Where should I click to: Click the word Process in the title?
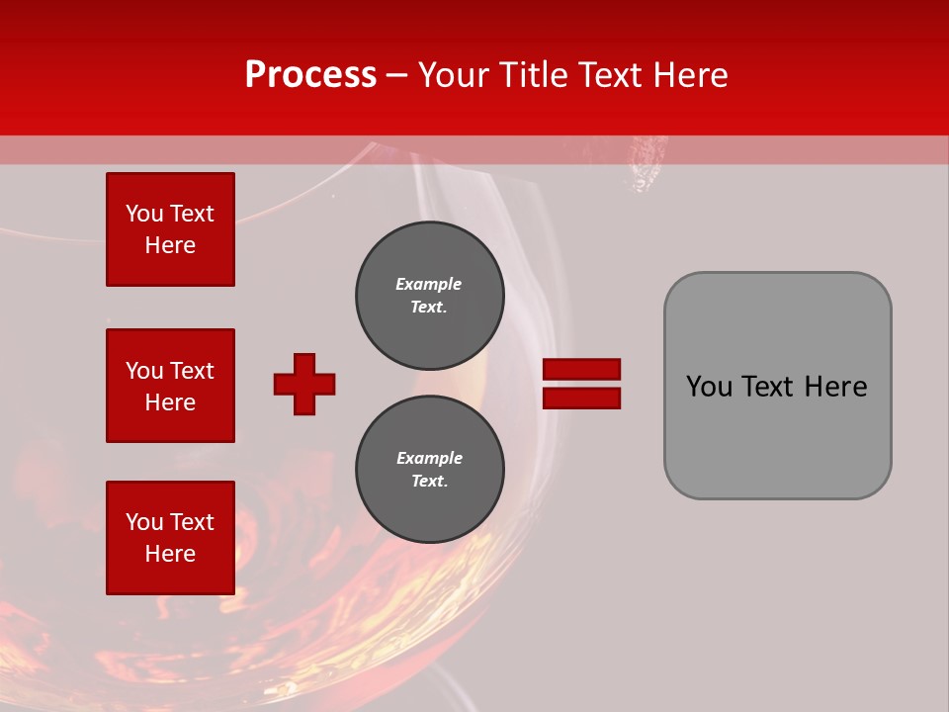coord(310,75)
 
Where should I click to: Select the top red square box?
coord(170,229)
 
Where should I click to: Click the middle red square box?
coord(170,386)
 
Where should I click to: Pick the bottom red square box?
coord(170,538)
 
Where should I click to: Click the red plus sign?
coord(304,384)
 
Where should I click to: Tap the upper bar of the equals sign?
coord(581,369)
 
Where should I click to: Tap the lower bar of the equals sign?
coord(581,399)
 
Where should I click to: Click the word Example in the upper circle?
coord(428,284)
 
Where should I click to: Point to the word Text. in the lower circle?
coord(429,482)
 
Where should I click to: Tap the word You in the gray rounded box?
coord(709,387)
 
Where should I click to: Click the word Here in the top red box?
coord(170,245)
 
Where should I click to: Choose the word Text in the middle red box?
coord(192,371)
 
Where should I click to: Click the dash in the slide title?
coord(396,75)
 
